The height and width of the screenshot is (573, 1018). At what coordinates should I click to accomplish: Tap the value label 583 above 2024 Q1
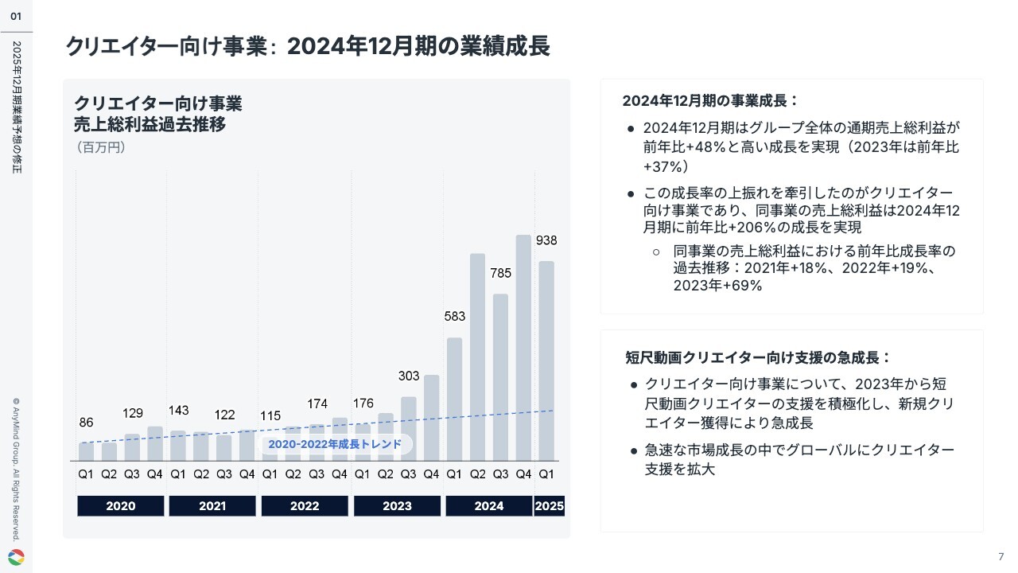click(x=455, y=316)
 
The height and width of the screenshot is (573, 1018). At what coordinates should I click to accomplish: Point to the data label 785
click(x=500, y=273)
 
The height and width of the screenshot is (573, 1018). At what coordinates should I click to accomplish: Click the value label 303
click(x=409, y=376)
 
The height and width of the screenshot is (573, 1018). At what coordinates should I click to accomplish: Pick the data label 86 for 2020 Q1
click(x=86, y=422)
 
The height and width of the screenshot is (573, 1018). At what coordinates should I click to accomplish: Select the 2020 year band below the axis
click(x=121, y=506)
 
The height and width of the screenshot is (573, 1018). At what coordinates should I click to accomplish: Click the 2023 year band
click(x=397, y=506)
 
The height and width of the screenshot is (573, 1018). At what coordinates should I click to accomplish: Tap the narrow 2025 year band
click(x=549, y=506)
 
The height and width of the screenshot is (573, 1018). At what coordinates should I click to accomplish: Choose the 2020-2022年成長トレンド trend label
click(x=335, y=444)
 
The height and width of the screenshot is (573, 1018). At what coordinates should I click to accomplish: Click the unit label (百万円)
click(x=101, y=147)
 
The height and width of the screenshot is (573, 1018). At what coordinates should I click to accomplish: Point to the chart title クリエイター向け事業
click(x=157, y=104)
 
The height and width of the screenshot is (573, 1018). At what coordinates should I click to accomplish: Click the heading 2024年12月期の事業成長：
click(x=710, y=101)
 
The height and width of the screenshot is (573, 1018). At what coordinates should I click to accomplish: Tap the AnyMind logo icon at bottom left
click(x=16, y=557)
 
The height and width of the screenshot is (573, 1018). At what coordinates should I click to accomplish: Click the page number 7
click(x=1001, y=556)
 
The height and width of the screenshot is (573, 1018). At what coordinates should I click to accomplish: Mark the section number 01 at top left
click(x=16, y=16)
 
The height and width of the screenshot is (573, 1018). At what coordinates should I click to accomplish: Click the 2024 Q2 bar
click(x=477, y=357)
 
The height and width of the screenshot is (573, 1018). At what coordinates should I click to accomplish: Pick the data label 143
click(x=178, y=411)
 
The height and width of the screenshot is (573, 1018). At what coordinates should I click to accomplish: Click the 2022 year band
click(x=305, y=506)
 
